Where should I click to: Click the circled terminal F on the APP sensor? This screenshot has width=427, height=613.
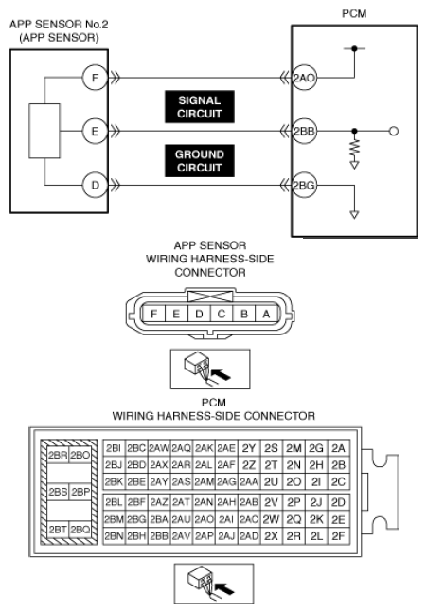pyautogui.click(x=95, y=78)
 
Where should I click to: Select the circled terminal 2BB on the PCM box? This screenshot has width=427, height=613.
pyautogui.click(x=304, y=131)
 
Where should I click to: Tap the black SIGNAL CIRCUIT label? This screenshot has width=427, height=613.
pyautogui.click(x=200, y=107)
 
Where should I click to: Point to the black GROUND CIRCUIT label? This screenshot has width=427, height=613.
pyautogui.click(x=200, y=161)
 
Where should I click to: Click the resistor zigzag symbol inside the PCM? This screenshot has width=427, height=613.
pyautogui.click(x=354, y=148)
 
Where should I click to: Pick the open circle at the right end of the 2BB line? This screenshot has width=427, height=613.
pyautogui.click(x=394, y=131)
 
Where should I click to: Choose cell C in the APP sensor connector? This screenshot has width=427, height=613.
pyautogui.click(x=222, y=314)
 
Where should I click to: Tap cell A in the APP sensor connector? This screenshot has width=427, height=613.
pyautogui.click(x=267, y=314)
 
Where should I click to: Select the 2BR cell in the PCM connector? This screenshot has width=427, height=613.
pyautogui.click(x=58, y=455)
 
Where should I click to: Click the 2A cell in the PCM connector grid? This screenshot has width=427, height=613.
pyautogui.click(x=338, y=448)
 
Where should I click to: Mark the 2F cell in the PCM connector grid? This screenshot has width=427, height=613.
pyautogui.click(x=338, y=536)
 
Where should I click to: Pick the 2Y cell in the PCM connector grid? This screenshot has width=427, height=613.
pyautogui.click(x=249, y=448)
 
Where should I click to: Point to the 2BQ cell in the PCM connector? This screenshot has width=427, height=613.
pyautogui.click(x=80, y=529)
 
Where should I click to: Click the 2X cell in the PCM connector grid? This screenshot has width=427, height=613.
pyautogui.click(x=271, y=536)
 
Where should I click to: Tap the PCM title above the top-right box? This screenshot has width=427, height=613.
pyautogui.click(x=354, y=13)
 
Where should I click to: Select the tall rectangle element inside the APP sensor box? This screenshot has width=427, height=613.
pyautogui.click(x=44, y=131)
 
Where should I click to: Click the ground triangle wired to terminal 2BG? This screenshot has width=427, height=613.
pyautogui.click(x=354, y=215)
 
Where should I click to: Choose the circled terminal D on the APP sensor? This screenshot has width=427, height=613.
pyautogui.click(x=95, y=185)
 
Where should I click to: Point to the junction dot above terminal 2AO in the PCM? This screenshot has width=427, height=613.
pyautogui.click(x=354, y=48)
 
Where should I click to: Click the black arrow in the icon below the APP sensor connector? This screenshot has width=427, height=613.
pyautogui.click(x=222, y=374)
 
